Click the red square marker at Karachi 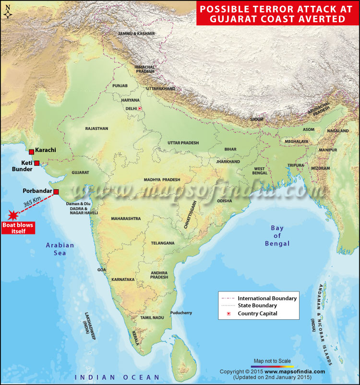[32, 152]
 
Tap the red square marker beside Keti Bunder [36, 163]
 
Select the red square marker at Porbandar [56, 192]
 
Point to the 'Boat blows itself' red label [19, 228]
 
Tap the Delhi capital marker [140, 109]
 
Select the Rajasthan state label [96, 128]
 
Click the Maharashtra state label [126, 218]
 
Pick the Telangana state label [163, 243]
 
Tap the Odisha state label [225, 201]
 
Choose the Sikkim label [257, 119]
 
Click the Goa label [101, 270]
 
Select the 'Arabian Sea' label [60, 249]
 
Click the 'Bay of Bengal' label [277, 235]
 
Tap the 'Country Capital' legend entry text [258, 314]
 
